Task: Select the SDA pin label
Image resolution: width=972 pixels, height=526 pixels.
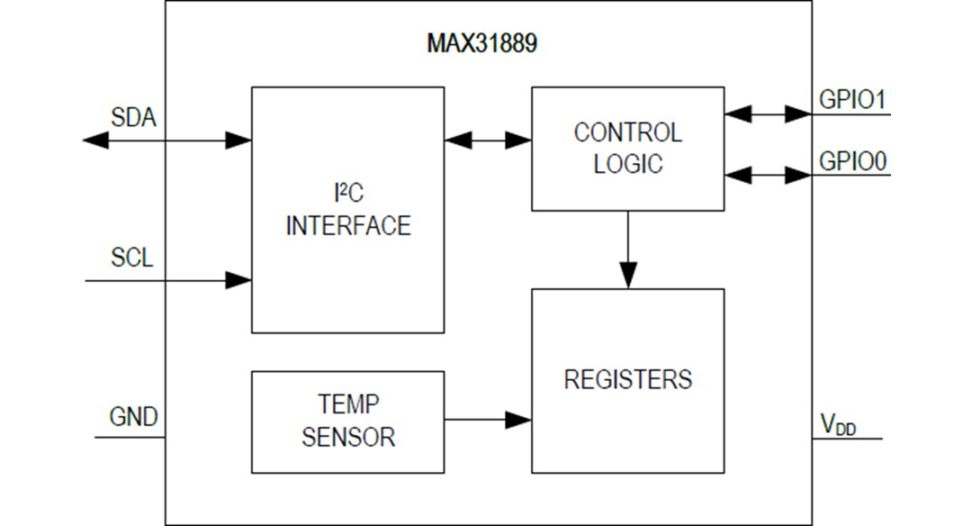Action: (133, 117)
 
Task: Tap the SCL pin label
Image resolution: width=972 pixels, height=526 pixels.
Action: (132, 258)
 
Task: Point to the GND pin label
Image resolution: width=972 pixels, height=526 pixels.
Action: (133, 417)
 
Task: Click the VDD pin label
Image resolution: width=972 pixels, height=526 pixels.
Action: (838, 425)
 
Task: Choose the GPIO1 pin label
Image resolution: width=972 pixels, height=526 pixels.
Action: (852, 99)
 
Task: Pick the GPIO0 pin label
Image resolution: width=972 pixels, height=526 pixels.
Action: (852, 161)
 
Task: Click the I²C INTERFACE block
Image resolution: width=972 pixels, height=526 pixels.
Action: (347, 210)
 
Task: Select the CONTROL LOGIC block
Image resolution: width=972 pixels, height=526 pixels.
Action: (627, 149)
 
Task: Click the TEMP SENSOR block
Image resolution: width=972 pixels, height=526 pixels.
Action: (347, 422)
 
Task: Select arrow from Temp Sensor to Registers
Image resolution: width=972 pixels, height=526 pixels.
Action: (487, 420)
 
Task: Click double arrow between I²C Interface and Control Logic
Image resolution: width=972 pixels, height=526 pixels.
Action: (488, 140)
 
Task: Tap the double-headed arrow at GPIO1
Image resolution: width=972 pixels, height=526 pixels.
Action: (768, 113)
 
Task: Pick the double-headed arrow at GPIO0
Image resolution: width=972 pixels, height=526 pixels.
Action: (768, 175)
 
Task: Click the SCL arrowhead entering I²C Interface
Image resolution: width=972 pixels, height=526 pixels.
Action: (238, 280)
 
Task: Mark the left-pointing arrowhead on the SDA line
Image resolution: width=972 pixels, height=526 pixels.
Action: (95, 140)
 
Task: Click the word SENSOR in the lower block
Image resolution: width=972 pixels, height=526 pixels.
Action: (347, 438)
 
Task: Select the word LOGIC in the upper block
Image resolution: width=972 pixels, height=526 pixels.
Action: (627, 165)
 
